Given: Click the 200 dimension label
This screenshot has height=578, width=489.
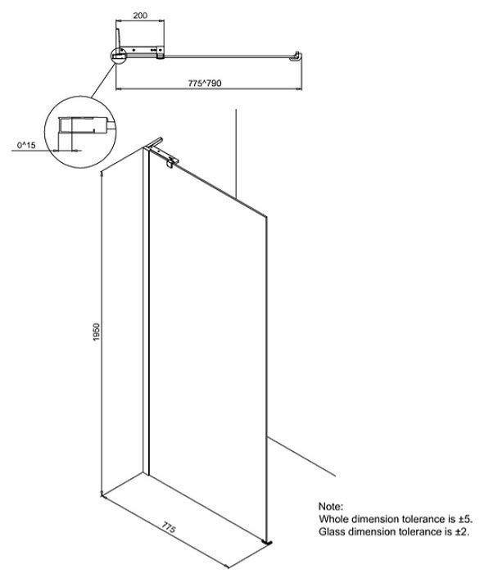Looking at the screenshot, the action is pyautogui.click(x=140, y=16).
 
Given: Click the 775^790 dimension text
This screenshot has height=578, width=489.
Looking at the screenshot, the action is pyautogui.click(x=205, y=84).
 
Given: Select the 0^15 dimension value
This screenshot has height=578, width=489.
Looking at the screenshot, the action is pyautogui.click(x=26, y=145).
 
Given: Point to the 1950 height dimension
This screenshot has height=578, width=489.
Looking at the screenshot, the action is pyautogui.click(x=97, y=332).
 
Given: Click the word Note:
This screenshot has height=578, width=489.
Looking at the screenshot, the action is pyautogui.click(x=331, y=506).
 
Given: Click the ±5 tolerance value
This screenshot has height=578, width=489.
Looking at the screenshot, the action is pyautogui.click(x=465, y=519).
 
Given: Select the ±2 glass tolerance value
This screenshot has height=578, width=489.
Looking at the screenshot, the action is pyautogui.click(x=463, y=531).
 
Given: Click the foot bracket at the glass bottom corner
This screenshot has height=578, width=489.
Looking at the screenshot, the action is pyautogui.click(x=268, y=542).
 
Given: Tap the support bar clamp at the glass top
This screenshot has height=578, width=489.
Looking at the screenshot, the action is pyautogui.click(x=170, y=162).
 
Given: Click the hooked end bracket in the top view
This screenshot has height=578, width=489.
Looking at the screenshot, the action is pyautogui.click(x=297, y=56).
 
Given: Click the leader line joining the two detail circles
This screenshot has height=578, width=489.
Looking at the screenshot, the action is pyautogui.click(x=103, y=81).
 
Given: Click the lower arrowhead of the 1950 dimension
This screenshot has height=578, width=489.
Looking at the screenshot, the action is pyautogui.click(x=102, y=493).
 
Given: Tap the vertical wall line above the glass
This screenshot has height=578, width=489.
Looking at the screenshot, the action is pyautogui.click(x=236, y=152).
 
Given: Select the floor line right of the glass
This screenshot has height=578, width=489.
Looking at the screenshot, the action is pyautogui.click(x=301, y=456).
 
